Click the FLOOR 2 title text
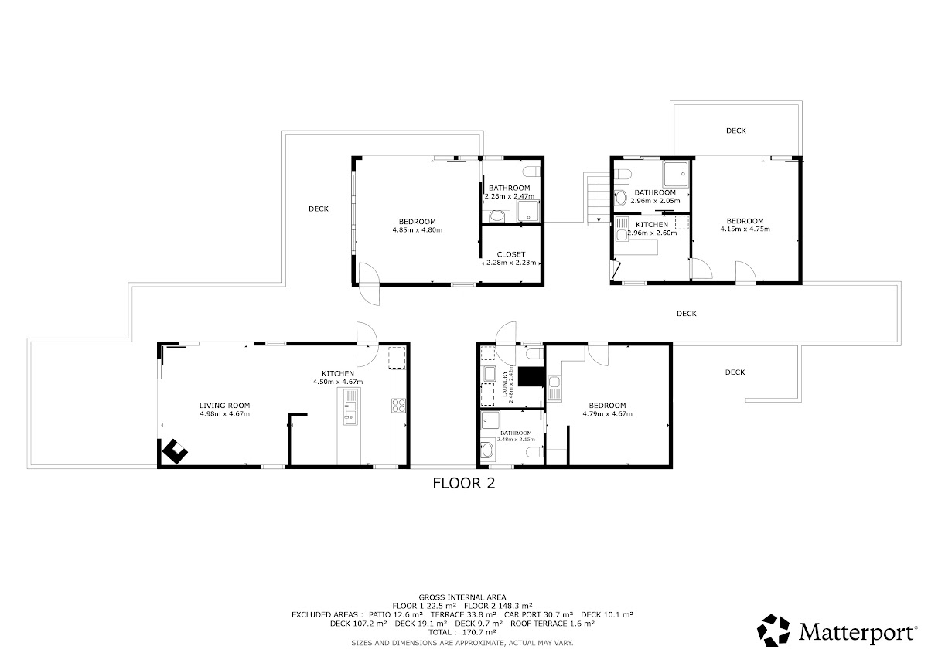(463, 483)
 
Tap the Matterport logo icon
(773, 631)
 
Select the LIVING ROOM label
(224, 406)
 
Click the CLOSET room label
(511, 254)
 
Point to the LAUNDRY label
(505, 384)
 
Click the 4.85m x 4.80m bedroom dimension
(417, 230)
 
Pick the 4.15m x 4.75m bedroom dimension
(745, 229)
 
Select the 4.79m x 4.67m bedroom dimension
(607, 413)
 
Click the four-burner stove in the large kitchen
(398, 405)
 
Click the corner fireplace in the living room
(175, 451)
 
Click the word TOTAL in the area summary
(439, 632)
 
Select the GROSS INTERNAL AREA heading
(462, 597)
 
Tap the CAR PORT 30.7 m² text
(538, 614)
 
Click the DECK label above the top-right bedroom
(735, 131)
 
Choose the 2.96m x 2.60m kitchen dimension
(652, 233)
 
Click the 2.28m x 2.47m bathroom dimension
(509, 196)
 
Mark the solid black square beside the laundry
(531, 376)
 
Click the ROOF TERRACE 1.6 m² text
(552, 624)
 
